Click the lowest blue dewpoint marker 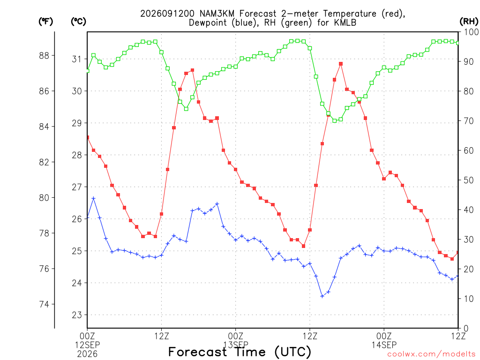[x=322, y=296]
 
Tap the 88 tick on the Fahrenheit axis [x=44, y=55]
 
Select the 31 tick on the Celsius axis [x=77, y=59]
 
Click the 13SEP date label [x=236, y=345]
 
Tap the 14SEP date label [x=384, y=345]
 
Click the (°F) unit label [x=45, y=22]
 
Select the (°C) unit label [x=78, y=22]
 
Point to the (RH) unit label [x=469, y=22]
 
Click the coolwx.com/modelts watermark [x=431, y=354]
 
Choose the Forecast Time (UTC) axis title [x=240, y=352]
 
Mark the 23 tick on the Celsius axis [x=77, y=315]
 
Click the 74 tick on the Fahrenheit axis [x=44, y=304]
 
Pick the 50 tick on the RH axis [x=468, y=180]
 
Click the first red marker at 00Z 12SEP [x=88, y=137]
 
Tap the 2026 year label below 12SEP [x=87, y=354]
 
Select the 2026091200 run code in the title [x=167, y=14]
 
